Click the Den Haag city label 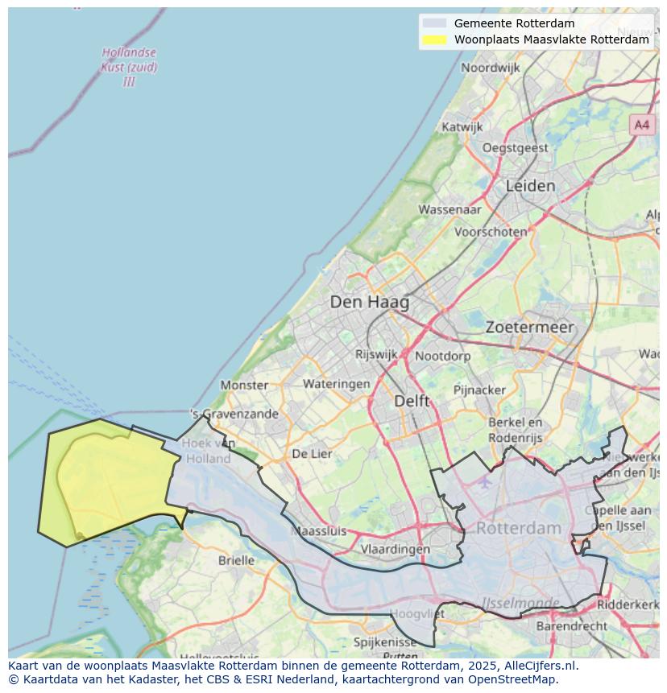click(x=369, y=303)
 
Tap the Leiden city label click(x=530, y=186)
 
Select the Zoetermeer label click(x=529, y=327)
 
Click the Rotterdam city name click(x=518, y=529)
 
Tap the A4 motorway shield click(x=641, y=125)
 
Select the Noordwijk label click(x=490, y=68)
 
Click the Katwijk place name click(x=462, y=127)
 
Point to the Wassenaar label click(x=449, y=209)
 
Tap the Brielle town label click(x=236, y=560)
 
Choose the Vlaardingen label click(x=395, y=549)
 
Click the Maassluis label click(x=317, y=531)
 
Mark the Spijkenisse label click(x=385, y=642)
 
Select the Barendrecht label click(x=571, y=625)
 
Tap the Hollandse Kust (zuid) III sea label click(x=129, y=67)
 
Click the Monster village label click(x=244, y=385)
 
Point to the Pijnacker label click(x=479, y=390)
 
